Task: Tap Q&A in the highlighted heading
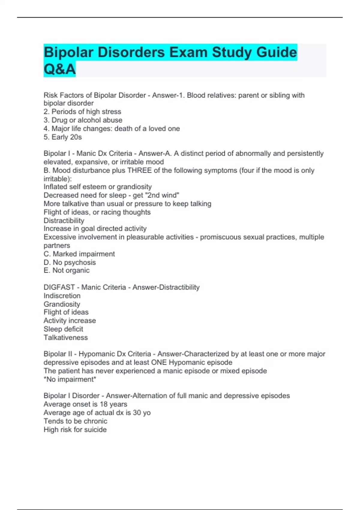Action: click(59, 69)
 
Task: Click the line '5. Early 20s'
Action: click(63, 137)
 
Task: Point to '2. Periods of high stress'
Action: click(82, 112)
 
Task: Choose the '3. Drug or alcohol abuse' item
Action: click(83, 120)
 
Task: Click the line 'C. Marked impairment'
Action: click(79, 254)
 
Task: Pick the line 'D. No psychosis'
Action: click(70, 262)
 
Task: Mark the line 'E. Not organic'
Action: click(67, 271)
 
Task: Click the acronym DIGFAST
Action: click(59, 287)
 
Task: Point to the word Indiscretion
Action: click(62, 296)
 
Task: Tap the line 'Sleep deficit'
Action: click(63, 329)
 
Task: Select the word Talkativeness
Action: click(66, 337)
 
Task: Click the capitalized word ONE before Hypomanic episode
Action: click(159, 362)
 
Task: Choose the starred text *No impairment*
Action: click(70, 379)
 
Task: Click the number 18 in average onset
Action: click(104, 404)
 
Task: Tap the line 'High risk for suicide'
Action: click(75, 430)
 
